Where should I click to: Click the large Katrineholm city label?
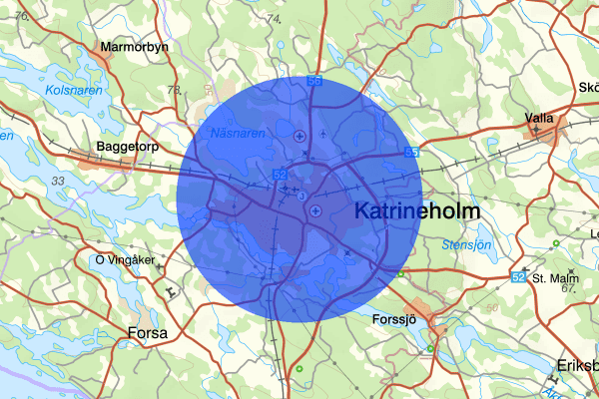click(417, 210)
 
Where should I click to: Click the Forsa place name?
click(148, 332)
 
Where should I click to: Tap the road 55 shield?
click(411, 152)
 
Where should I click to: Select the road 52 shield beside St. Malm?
click(518, 275)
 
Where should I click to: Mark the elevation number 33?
click(58, 181)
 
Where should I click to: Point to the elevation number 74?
click(273, 19)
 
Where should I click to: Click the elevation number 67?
click(569, 288)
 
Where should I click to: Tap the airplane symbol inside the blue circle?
click(323, 133)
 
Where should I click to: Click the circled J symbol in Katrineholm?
click(300, 197)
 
